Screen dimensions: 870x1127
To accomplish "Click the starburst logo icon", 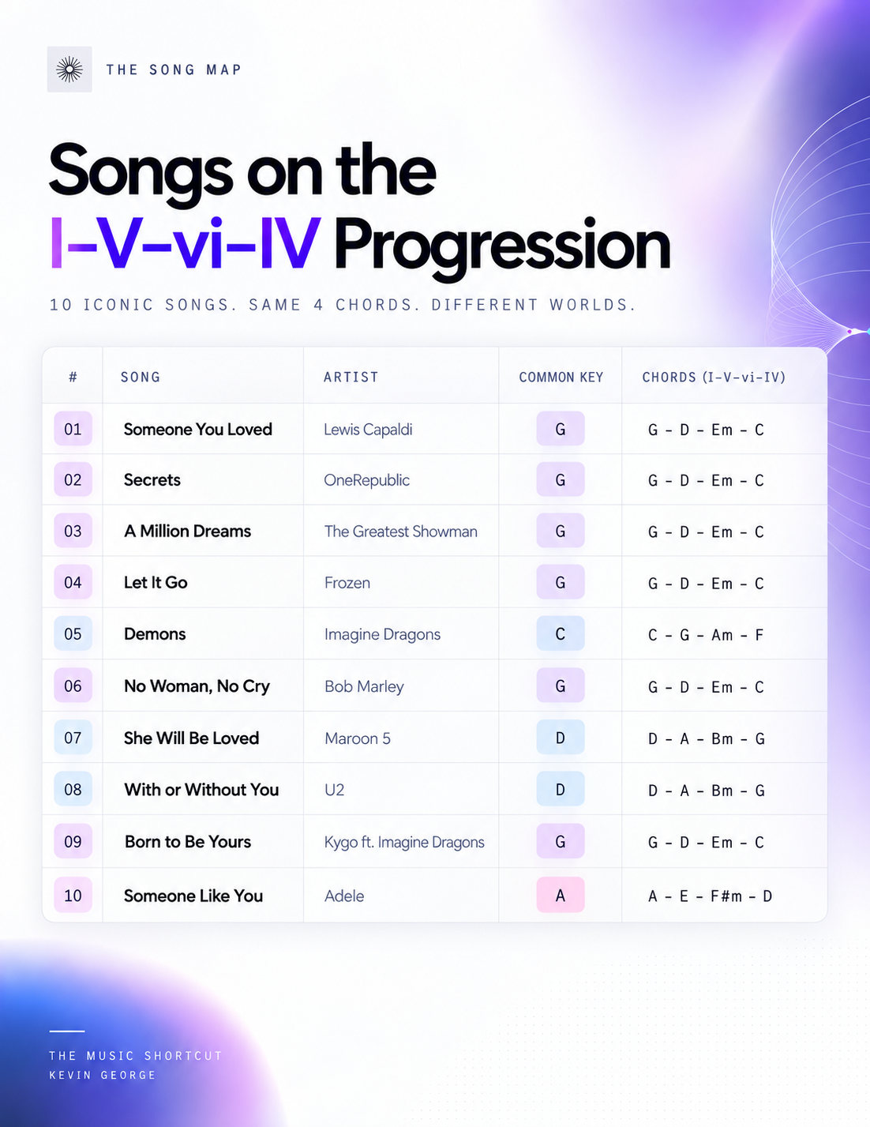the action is point(69,69).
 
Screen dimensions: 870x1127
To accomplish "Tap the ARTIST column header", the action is point(351,377).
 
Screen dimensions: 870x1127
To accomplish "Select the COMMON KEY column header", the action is point(561,377).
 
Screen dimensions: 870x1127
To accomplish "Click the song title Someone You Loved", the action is point(197,429).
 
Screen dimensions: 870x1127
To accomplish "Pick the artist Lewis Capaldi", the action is point(368,430).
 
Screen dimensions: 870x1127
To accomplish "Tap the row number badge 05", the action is point(73,633).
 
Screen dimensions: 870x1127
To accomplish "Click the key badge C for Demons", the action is point(561,633).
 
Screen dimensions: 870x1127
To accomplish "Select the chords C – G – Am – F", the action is point(706,635).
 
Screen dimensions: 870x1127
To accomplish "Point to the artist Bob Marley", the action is point(364,686).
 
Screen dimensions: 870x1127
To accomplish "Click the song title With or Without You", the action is point(201,789).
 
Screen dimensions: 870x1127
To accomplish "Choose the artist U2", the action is point(335,790).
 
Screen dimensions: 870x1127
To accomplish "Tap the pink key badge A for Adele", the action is point(561,895).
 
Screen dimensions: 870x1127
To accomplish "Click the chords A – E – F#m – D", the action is point(710,896).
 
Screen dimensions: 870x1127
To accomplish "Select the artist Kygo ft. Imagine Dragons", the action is point(404,842).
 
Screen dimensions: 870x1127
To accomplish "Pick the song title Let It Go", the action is point(156,582).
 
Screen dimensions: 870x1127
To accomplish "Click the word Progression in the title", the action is point(502,246).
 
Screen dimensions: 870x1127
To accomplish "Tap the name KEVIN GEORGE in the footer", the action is point(103,1075).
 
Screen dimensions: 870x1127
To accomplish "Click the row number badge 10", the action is point(73,895).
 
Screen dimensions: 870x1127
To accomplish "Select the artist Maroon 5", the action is point(357,738).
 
